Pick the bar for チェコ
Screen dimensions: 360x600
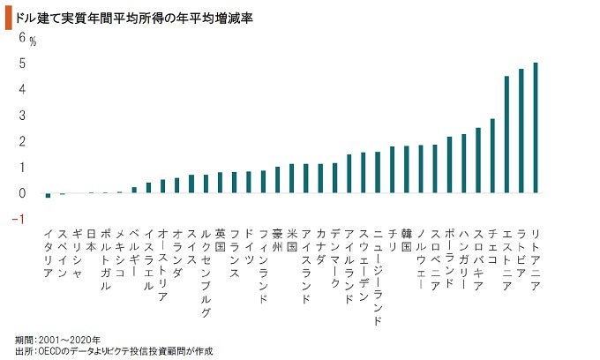click(x=492, y=155)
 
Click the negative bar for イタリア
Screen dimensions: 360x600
click(x=48, y=195)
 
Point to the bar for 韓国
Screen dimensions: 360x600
click(x=406, y=169)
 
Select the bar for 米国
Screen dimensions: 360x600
click(x=291, y=178)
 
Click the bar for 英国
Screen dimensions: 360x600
click(x=220, y=182)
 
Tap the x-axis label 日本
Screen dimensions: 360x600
click(x=91, y=237)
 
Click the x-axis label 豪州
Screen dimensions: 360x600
click(x=277, y=237)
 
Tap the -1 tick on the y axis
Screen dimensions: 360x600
click(x=19, y=219)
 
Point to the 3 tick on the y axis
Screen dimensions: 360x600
click(x=22, y=116)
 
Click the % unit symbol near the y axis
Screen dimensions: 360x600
click(x=33, y=41)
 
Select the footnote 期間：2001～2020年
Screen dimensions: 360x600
click(x=57, y=340)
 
